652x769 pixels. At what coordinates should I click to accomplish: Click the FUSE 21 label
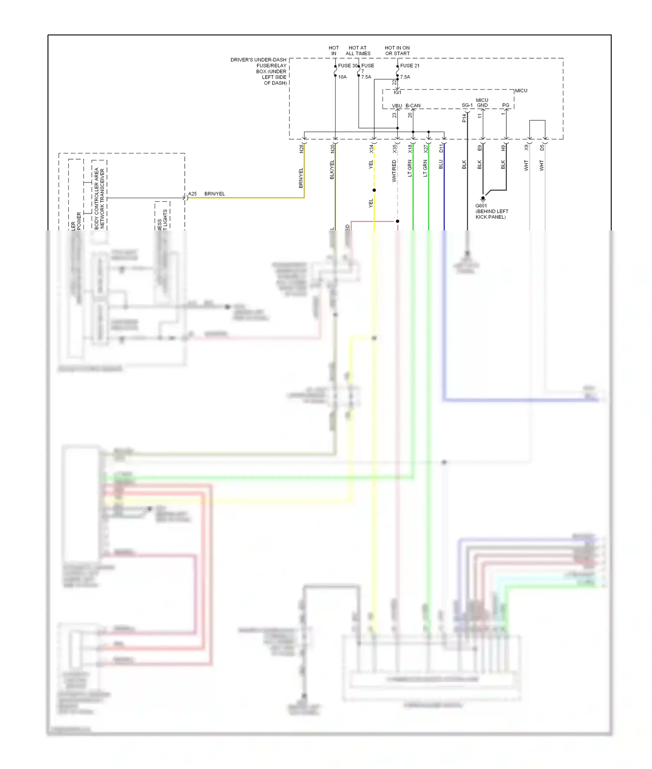click(409, 66)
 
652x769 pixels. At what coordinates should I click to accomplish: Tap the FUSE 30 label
click(347, 66)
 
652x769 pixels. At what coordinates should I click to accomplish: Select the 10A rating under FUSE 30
click(342, 77)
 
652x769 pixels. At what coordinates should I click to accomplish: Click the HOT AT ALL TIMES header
click(358, 50)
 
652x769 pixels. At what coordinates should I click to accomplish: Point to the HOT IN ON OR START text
click(397, 50)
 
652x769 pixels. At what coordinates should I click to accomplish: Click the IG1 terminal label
click(397, 93)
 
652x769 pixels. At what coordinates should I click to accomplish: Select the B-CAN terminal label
click(412, 106)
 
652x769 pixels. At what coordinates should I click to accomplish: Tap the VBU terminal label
click(396, 106)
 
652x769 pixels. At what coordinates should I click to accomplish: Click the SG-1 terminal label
click(467, 105)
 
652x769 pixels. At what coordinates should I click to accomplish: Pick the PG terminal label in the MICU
click(506, 105)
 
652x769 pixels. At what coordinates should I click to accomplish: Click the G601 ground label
click(481, 206)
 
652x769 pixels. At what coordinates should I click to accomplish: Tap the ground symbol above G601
click(482, 199)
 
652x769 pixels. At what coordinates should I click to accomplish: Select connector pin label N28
click(301, 149)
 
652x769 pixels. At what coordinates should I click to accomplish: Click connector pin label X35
click(395, 149)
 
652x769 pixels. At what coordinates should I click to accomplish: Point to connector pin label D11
click(441, 149)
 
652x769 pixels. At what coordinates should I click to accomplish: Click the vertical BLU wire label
click(441, 164)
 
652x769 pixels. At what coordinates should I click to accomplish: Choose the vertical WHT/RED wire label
click(394, 171)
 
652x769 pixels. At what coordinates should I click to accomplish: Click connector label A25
click(192, 194)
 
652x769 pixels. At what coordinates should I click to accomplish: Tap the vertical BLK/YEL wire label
click(332, 170)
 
